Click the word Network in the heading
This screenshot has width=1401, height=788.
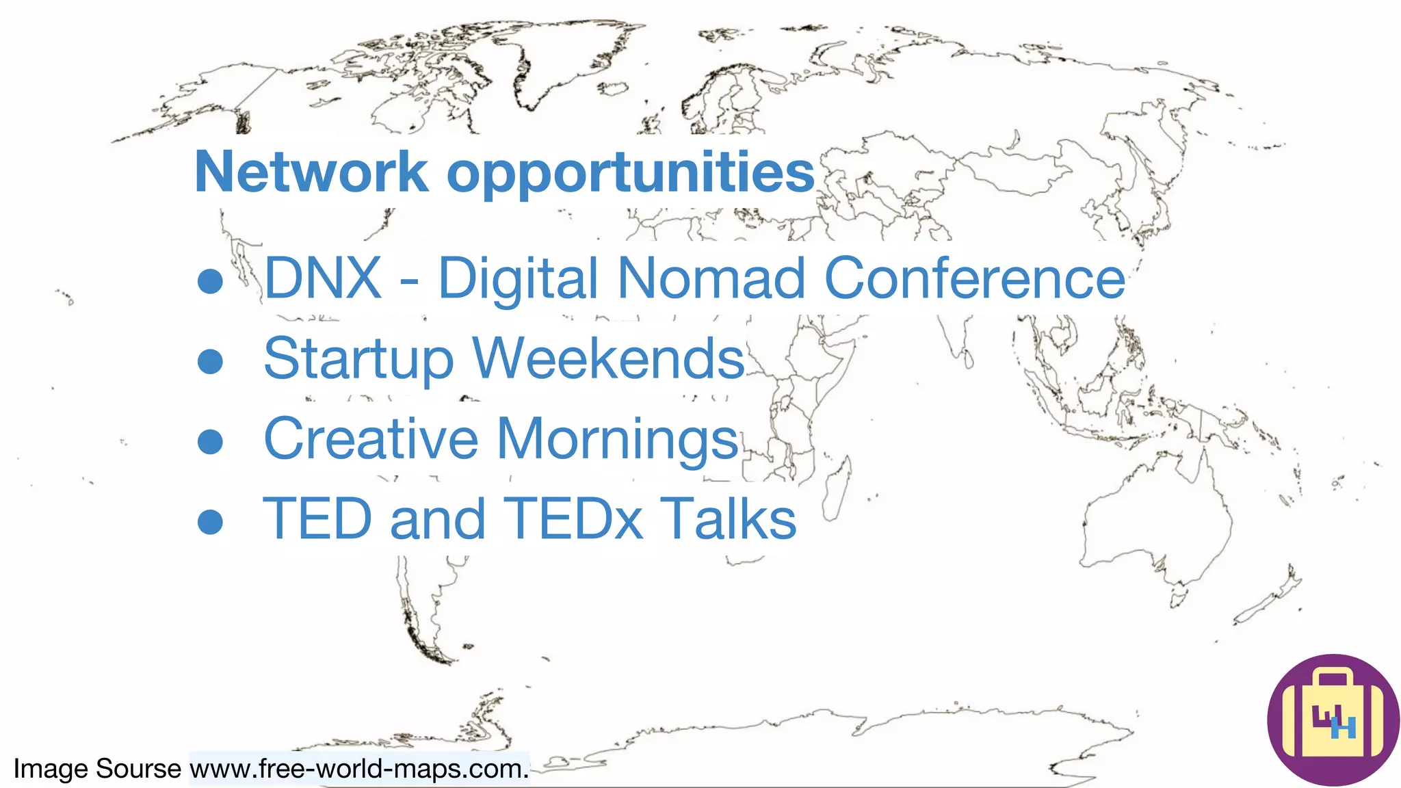(x=311, y=172)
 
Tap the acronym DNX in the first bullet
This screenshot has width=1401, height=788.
(x=323, y=278)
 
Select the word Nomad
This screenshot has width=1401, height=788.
(x=711, y=278)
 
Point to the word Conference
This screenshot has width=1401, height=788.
(x=975, y=278)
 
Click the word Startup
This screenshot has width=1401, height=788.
(x=358, y=359)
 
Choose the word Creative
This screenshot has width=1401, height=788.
(x=371, y=438)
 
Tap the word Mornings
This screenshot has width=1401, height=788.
(x=618, y=440)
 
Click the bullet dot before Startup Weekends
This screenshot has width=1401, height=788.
(x=210, y=361)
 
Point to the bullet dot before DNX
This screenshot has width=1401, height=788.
(x=210, y=280)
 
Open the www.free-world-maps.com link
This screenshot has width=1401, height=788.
(x=359, y=769)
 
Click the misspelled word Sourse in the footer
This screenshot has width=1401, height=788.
(x=138, y=769)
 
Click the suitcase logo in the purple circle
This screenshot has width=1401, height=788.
(x=1333, y=720)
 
